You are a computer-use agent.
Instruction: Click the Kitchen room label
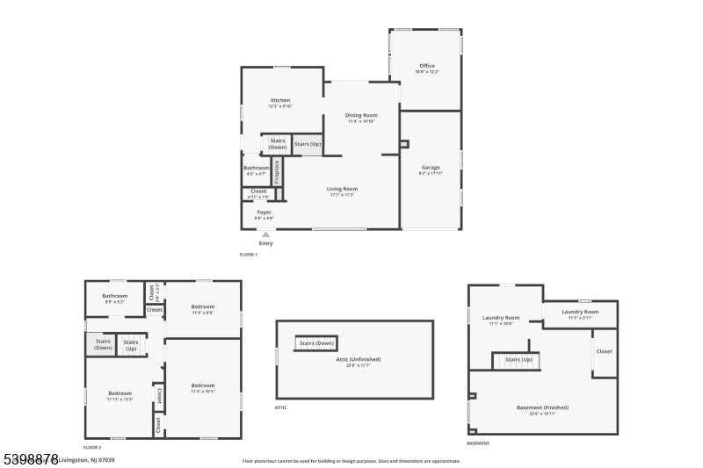pos(280,100)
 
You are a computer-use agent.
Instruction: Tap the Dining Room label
pos(360,115)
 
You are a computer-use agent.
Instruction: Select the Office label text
pos(427,66)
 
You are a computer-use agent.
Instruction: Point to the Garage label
pos(430,167)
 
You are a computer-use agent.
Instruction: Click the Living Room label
pos(342,189)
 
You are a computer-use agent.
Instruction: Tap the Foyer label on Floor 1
pos(264,212)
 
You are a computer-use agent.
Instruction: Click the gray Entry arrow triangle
pos(265,234)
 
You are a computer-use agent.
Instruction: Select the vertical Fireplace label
pos(276,170)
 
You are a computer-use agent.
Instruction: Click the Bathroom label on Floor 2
pos(114,296)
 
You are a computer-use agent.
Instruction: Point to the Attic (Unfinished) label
pos(353,359)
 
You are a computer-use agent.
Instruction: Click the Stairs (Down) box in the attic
pos(316,343)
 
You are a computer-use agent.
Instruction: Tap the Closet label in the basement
pos(604,351)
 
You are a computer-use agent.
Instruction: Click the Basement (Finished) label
pos(542,407)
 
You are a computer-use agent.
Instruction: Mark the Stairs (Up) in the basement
pos(515,359)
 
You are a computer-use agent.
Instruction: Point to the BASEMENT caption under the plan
pos(478,443)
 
